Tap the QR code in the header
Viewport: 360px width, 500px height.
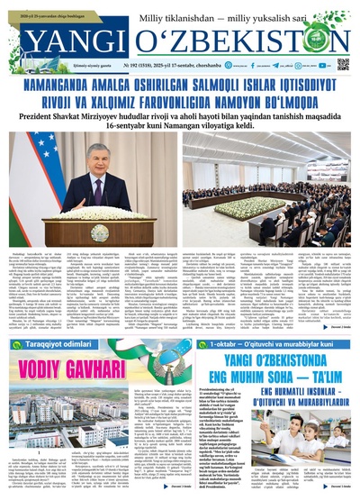(343, 64)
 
